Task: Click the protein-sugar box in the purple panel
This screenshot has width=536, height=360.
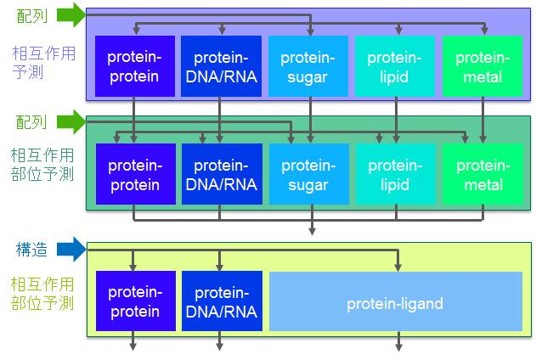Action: point(308,66)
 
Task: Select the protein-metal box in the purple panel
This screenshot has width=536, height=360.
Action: point(482,66)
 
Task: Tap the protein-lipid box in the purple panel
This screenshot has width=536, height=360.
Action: point(395,66)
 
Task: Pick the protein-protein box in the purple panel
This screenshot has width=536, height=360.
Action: point(135,66)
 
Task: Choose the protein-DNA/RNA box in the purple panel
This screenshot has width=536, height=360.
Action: point(221,66)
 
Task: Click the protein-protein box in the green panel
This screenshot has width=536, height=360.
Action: point(136,174)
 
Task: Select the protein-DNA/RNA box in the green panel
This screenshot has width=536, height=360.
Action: point(222,174)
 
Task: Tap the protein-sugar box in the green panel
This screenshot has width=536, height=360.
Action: point(309,174)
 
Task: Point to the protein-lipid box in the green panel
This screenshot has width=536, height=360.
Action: point(396,174)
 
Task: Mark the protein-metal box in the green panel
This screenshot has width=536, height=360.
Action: point(482,174)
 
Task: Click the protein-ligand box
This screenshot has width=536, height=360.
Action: point(396,301)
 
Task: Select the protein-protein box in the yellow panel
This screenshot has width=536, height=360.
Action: point(136,301)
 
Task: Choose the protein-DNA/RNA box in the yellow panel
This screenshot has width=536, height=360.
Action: point(222,301)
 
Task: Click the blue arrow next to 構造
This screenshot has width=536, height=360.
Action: point(71,250)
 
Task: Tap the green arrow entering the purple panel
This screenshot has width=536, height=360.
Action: point(71,15)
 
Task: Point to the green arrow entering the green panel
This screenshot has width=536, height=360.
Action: point(71,122)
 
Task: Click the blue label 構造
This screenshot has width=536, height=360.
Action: point(31,250)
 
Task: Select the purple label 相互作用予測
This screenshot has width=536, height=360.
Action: point(44,63)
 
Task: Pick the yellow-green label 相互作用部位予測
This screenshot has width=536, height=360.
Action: point(42,294)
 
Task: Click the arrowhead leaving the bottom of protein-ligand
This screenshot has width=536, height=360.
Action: point(398,347)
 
